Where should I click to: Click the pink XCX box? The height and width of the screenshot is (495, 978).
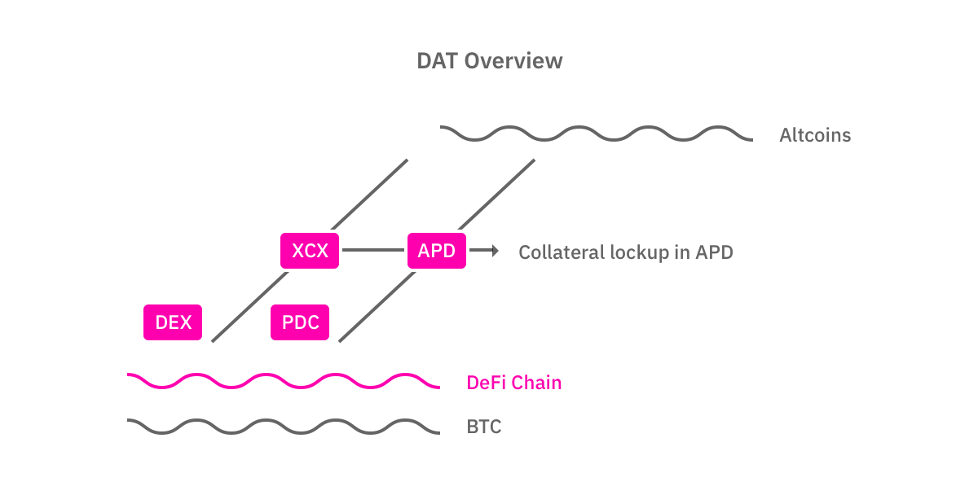click(310, 251)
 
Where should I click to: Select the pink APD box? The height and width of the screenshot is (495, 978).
click(437, 251)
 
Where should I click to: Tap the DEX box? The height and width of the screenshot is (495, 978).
click(173, 322)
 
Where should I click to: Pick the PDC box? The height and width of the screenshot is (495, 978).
click(300, 322)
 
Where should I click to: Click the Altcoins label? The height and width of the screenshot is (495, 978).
click(815, 135)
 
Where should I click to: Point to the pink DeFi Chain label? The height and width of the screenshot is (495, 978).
click(513, 383)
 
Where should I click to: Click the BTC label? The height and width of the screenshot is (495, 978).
click(484, 426)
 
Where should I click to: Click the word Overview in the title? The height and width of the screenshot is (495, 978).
click(513, 61)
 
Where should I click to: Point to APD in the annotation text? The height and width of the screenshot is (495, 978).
click(714, 252)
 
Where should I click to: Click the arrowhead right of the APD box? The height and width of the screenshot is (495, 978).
click(494, 251)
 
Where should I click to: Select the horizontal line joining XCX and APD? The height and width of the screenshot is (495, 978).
click(373, 251)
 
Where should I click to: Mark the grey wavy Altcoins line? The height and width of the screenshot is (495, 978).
click(595, 134)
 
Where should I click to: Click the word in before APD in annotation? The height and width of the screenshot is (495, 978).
click(682, 252)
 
